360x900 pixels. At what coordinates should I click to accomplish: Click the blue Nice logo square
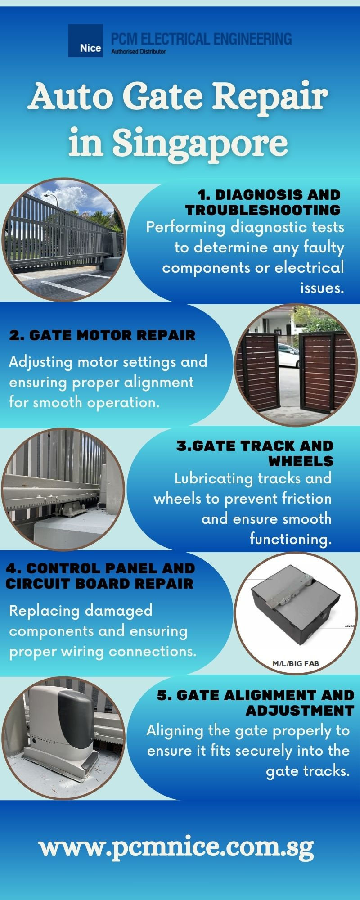pyautogui.click(x=85, y=40)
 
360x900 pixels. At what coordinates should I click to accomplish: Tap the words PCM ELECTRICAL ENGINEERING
pyautogui.click(x=201, y=39)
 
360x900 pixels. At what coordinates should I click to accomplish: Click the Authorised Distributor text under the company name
pyautogui.click(x=138, y=52)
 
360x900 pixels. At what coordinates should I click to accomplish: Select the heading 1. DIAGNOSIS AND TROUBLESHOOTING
pyautogui.click(x=263, y=202)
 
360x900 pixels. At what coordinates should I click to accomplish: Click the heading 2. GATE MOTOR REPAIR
pyautogui.click(x=102, y=335)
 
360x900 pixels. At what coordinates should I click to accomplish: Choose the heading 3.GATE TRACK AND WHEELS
pyautogui.click(x=255, y=453)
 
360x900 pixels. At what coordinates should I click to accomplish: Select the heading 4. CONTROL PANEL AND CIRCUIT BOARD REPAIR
pyautogui.click(x=100, y=576)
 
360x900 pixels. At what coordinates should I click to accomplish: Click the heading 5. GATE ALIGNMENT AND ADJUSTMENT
pyautogui.click(x=256, y=702)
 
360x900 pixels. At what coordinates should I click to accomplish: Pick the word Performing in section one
pyautogui.click(x=185, y=227)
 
